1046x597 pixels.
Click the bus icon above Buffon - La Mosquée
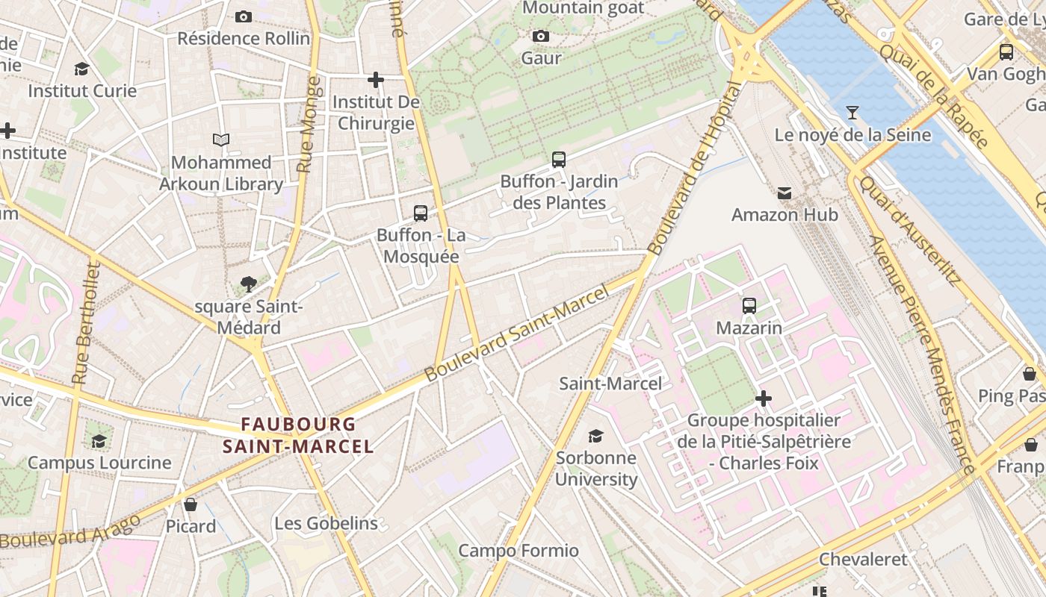point(421,213)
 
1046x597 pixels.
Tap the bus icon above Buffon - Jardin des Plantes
point(559,159)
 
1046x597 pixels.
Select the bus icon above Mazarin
point(749,306)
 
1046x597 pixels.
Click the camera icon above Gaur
point(540,36)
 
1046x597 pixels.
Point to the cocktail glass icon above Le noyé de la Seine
point(852,113)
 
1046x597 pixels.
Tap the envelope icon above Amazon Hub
point(784,193)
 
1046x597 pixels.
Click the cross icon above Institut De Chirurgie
point(376,79)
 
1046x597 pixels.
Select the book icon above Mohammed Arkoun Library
point(221,140)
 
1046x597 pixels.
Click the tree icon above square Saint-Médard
point(249,284)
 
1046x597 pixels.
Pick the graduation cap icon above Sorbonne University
point(595,436)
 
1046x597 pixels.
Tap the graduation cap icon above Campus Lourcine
point(99,440)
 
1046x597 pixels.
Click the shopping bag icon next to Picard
point(191,504)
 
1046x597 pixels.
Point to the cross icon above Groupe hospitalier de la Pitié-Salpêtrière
point(763,398)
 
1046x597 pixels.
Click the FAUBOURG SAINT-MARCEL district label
point(298,435)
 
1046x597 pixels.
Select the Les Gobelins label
point(326,523)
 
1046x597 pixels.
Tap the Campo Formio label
point(518,551)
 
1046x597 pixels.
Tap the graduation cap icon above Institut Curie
point(81,69)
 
